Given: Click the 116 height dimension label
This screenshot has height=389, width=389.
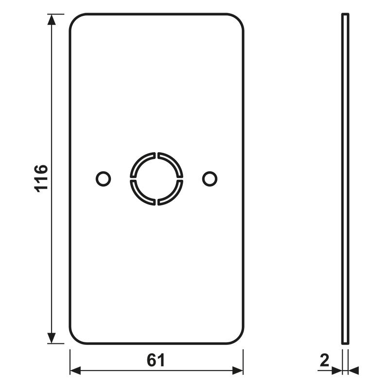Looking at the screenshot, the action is click(41, 178).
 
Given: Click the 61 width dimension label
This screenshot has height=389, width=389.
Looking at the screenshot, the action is click(156, 360).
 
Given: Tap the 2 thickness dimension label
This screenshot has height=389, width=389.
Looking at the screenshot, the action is click(324, 360).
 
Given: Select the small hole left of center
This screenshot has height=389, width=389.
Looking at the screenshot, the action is click(103, 178).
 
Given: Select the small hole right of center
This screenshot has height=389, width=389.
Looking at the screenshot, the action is click(210, 178).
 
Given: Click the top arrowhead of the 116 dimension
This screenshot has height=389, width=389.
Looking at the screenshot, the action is click(52, 19).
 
